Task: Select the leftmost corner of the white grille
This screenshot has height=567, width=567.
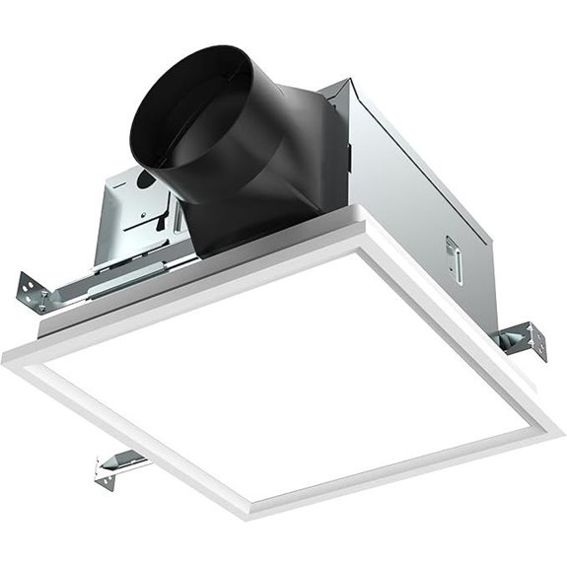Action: pos(8,347)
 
